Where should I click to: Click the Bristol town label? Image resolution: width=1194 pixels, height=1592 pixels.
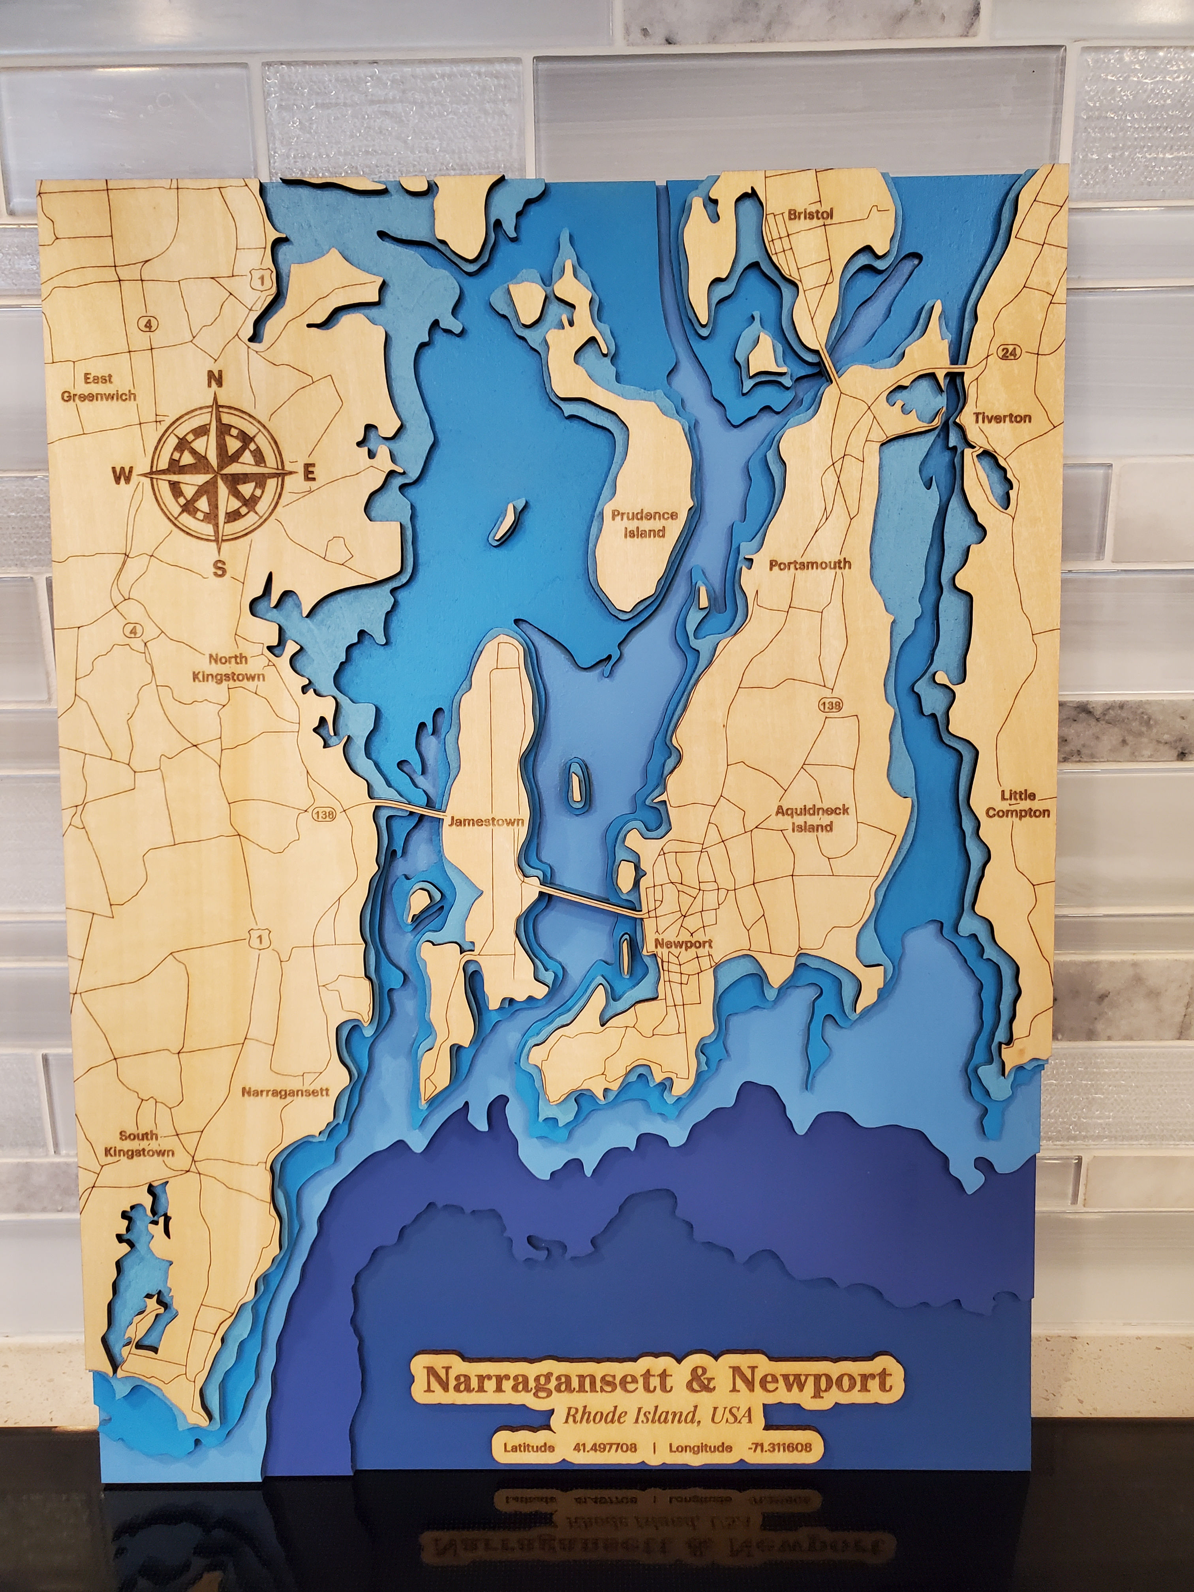click(810, 214)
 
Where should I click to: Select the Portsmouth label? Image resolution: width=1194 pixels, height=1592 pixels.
click(810, 565)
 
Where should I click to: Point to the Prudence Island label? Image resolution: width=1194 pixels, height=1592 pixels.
click(644, 524)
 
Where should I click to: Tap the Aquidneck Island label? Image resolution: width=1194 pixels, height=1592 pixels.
click(812, 819)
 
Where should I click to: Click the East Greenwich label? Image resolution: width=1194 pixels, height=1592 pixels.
click(99, 387)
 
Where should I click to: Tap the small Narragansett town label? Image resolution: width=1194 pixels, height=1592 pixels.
click(285, 1092)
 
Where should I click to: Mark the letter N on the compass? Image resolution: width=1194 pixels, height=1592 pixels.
click(214, 379)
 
